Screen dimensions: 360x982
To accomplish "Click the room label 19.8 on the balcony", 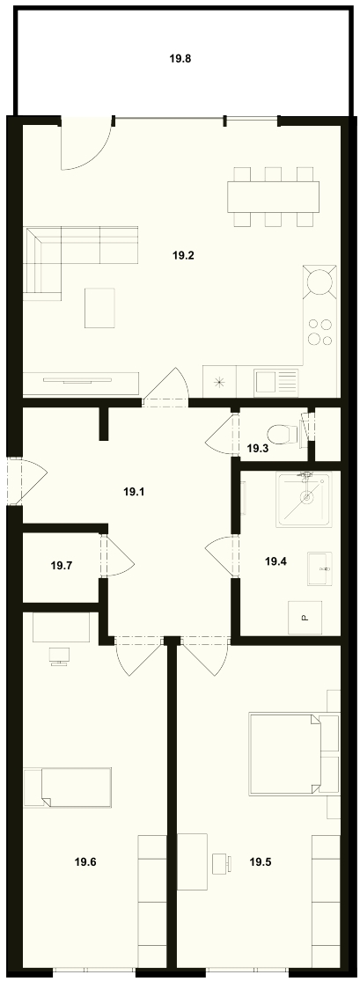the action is pyautogui.click(x=180, y=60).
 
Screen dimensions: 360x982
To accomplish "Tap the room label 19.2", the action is pyautogui.click(x=183, y=255).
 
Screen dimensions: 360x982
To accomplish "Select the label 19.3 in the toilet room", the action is pyautogui.click(x=257, y=449).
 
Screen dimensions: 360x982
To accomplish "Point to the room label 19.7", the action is pyautogui.click(x=61, y=566).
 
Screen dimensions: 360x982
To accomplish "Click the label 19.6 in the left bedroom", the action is pyautogui.click(x=85, y=861).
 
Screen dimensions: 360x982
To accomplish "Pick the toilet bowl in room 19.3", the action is pyautogui.click(x=283, y=434).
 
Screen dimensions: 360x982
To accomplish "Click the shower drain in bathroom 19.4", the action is pyautogui.click(x=306, y=497).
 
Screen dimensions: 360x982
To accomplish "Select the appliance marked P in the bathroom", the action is pyautogui.click(x=305, y=617).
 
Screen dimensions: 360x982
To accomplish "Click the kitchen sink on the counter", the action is pyautogui.click(x=276, y=380).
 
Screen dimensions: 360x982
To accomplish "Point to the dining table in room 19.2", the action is pyautogui.click(x=274, y=196).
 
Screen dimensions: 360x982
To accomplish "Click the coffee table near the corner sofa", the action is pyautogui.click(x=100, y=307).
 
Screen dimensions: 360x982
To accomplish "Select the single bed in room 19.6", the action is pyautogui.click(x=68, y=786).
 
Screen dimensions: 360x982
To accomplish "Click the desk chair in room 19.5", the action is pyautogui.click(x=221, y=863).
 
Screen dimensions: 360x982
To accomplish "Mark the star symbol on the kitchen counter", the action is pyautogui.click(x=219, y=380).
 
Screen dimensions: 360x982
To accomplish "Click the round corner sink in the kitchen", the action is pyautogui.click(x=320, y=281).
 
